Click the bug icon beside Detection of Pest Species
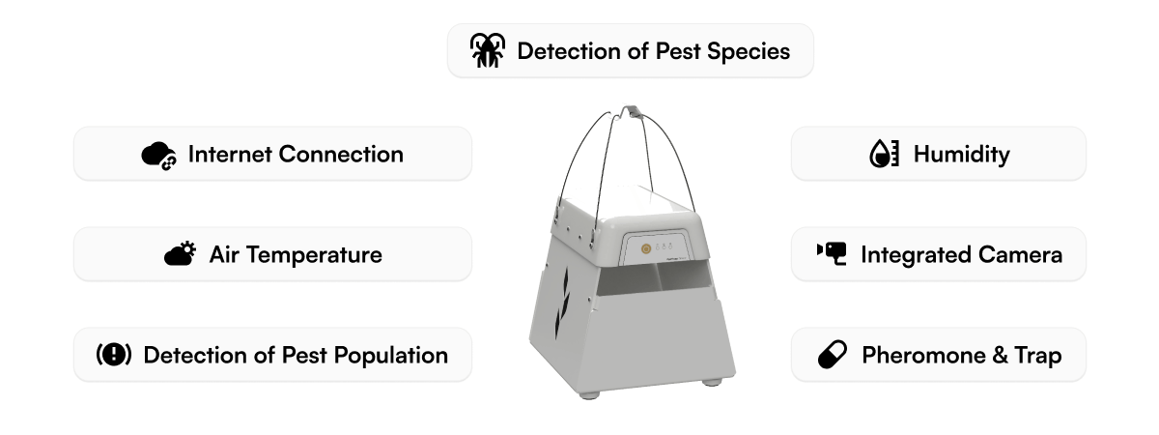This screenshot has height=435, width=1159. pyautogui.click(x=488, y=50)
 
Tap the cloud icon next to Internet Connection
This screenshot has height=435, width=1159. pyautogui.click(x=158, y=155)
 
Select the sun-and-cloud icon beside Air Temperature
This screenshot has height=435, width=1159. pyautogui.click(x=180, y=254)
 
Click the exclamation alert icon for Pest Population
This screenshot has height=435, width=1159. pyautogui.click(x=114, y=355)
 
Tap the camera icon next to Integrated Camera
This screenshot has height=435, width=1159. pyautogui.click(x=832, y=254)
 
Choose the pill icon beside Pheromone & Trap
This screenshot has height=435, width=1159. pyautogui.click(x=832, y=355)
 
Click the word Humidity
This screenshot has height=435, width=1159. pyautogui.click(x=961, y=154)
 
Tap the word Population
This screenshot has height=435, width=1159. pyautogui.click(x=391, y=355)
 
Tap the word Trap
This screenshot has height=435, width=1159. pyautogui.click(x=1038, y=355)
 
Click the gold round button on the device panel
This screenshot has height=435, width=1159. pyautogui.click(x=643, y=247)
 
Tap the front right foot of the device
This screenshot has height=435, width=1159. pyautogui.click(x=712, y=381)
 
